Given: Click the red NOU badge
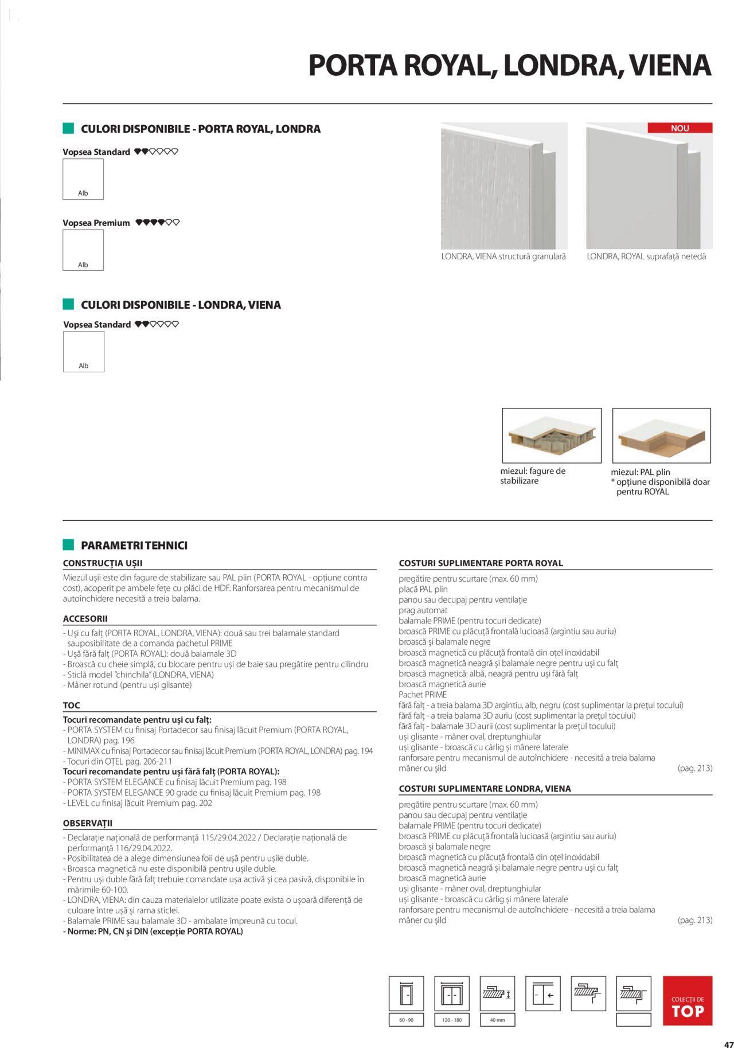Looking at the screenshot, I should (680, 128).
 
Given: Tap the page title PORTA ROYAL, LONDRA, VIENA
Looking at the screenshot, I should (510, 65).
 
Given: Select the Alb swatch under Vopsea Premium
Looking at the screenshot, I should (83, 250).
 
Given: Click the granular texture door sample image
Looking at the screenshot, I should (504, 186).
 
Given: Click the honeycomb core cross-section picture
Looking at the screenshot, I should (552, 436).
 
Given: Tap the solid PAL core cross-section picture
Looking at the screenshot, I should (661, 436).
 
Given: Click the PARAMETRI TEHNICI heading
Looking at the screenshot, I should (134, 545).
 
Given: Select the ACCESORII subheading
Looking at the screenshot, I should (85, 618).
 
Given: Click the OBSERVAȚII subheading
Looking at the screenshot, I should (88, 823).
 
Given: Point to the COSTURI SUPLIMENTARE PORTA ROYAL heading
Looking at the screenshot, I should (481, 563).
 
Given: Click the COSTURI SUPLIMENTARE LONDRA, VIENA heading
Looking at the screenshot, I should (485, 788).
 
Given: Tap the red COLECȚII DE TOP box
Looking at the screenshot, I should (687, 1000).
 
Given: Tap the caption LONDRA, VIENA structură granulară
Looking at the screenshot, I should (503, 256).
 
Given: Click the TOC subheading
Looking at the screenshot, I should (72, 705).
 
